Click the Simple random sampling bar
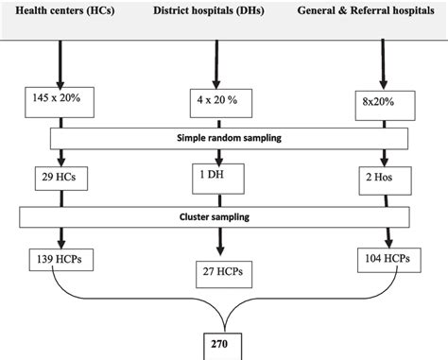pyautogui.click(x=225, y=138)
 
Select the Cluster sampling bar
pyautogui.click(x=225, y=216)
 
